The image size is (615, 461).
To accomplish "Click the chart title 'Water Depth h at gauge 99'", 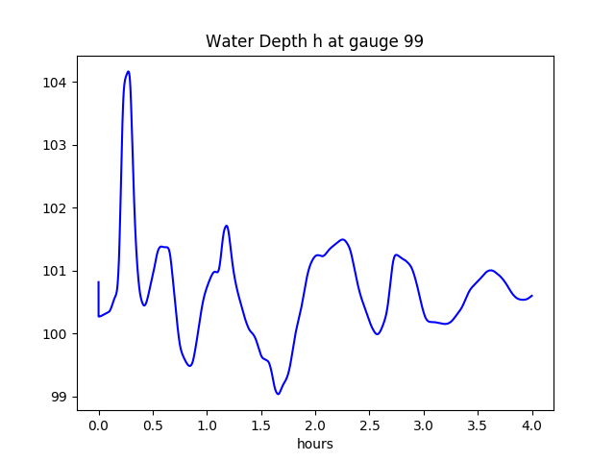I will tap(314, 42).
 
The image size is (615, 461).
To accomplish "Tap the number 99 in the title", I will tap(413, 42).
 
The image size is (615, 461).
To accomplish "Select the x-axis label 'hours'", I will tap(315, 445).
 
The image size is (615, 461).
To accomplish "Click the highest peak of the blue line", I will tap(128, 72).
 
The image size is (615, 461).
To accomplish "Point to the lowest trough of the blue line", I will tap(278, 394).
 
